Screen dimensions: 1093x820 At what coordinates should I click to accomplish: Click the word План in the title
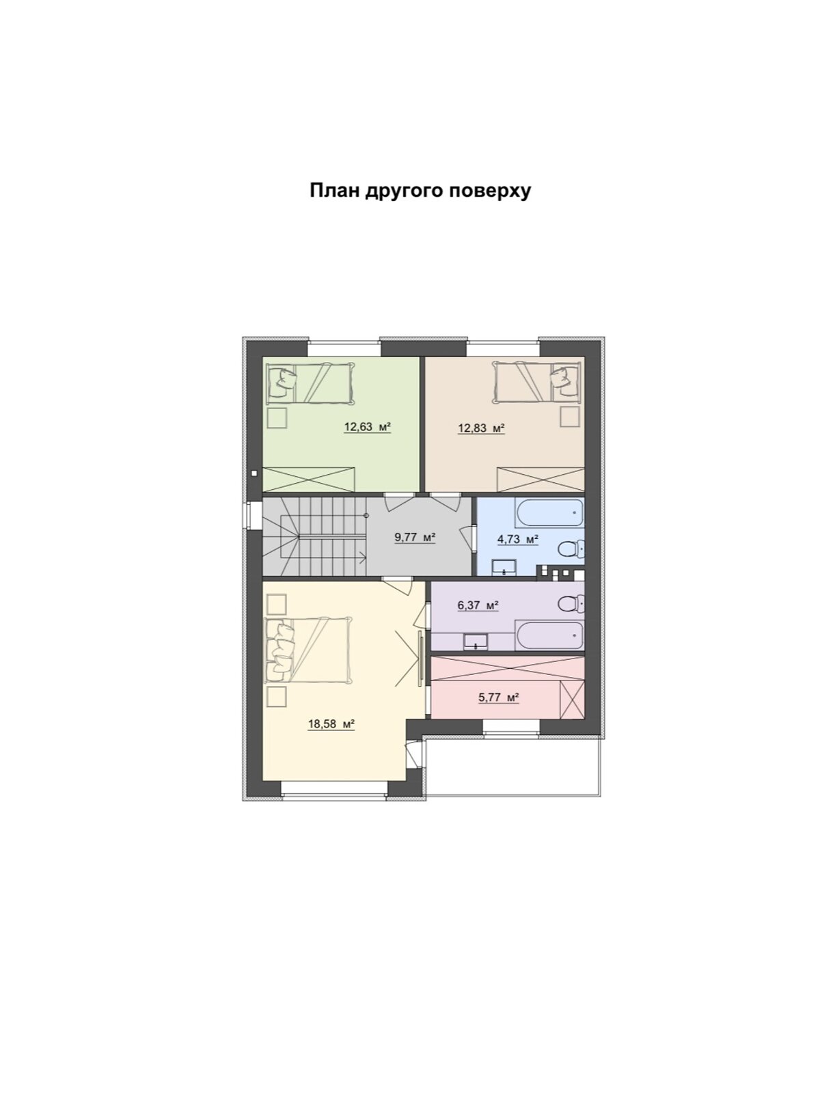click(x=335, y=191)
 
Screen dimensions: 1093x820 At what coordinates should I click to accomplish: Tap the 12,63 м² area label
click(x=367, y=428)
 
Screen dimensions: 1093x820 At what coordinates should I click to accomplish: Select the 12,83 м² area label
click(x=481, y=428)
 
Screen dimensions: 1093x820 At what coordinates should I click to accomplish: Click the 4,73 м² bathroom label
click(x=517, y=539)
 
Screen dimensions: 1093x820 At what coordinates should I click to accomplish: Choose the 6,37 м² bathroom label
click(x=477, y=605)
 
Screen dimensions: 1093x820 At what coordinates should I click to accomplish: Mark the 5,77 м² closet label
click(x=498, y=697)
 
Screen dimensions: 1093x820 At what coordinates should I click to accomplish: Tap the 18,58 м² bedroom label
click(x=331, y=724)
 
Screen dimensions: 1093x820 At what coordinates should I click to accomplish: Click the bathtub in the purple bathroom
click(x=549, y=636)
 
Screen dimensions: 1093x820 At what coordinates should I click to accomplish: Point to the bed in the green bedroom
click(x=310, y=383)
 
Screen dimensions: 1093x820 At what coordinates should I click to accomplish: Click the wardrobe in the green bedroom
click(x=309, y=478)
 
